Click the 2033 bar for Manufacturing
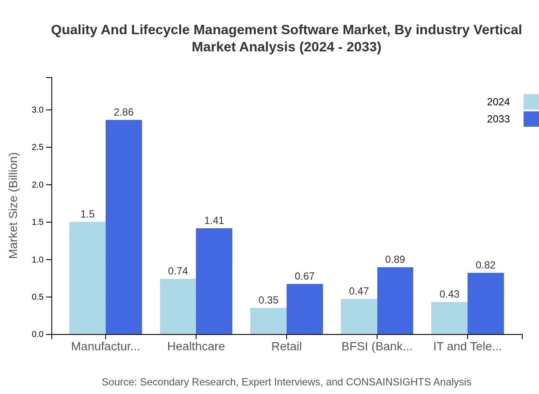point(124,227)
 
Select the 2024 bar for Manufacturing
point(87,278)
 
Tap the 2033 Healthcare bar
point(214,281)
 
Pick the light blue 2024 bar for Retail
point(268,321)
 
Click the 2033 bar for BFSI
point(395,301)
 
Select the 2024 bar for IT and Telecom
point(449,318)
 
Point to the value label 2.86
point(124,112)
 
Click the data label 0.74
point(178,271)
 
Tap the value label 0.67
point(305,276)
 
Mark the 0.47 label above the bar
point(359,291)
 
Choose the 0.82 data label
point(486,265)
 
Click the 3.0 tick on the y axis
point(38,110)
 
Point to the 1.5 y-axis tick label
point(38,222)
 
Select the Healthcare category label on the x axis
point(196,346)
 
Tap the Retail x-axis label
point(287,346)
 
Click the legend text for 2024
point(498,102)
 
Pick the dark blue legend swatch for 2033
point(531,119)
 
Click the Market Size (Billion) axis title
point(14,206)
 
